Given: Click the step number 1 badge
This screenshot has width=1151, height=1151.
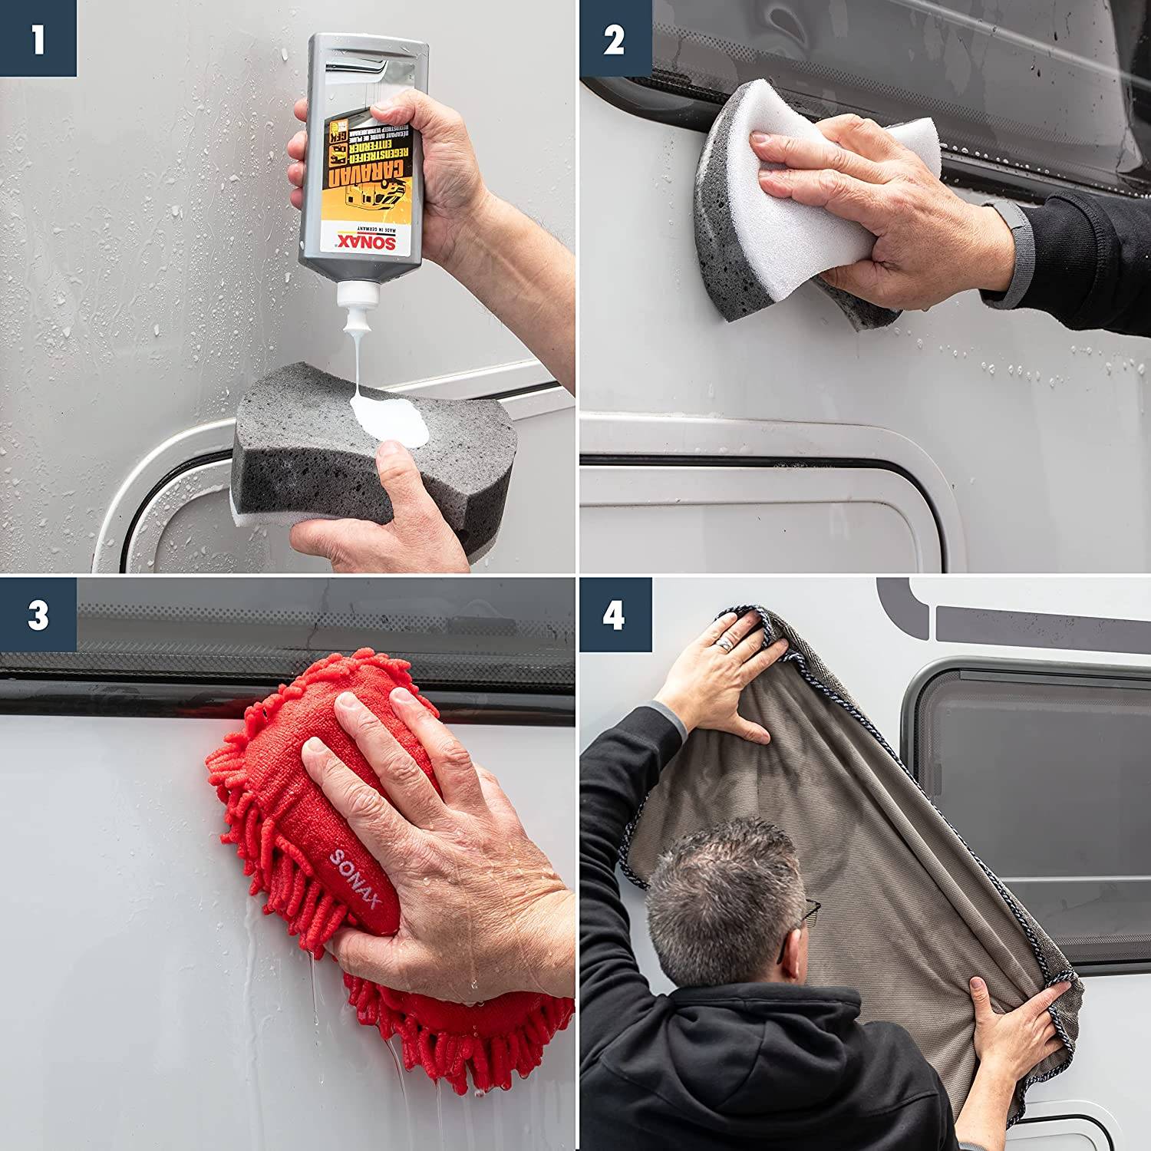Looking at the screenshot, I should pyautogui.click(x=38, y=38).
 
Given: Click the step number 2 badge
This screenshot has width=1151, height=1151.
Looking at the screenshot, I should pyautogui.click(x=615, y=38).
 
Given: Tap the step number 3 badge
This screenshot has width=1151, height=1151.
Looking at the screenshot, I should pyautogui.click(x=38, y=615).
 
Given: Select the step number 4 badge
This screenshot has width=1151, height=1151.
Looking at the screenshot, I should pyautogui.click(x=615, y=615).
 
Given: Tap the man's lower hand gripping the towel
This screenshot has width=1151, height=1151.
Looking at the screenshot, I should pyautogui.click(x=1013, y=1021).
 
